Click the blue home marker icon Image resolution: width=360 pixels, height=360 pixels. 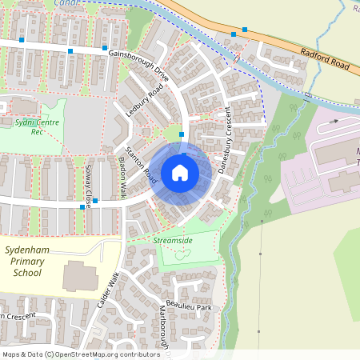pos(180,172)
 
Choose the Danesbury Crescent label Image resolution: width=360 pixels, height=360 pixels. pos(223,132)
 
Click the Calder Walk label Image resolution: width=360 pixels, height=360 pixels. pos(109,291)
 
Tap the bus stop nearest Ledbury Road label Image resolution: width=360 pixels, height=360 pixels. pos(182,134)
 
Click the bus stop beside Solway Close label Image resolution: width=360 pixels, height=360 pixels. pos(95,201)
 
